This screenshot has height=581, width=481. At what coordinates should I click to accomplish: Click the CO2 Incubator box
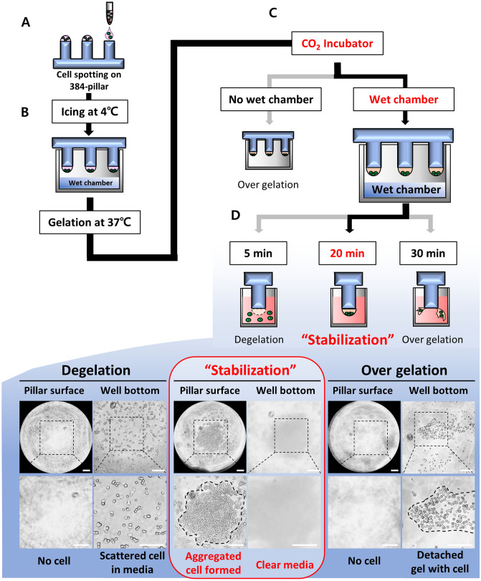coord(335,44)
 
